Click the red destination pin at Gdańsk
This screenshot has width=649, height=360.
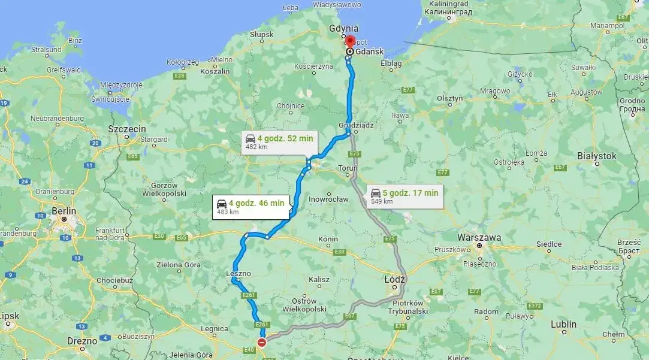[x=350, y=43]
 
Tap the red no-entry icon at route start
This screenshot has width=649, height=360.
[x=262, y=343]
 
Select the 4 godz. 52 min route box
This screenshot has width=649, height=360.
[x=279, y=142]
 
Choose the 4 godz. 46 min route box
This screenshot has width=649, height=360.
[x=251, y=207]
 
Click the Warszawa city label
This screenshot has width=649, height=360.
[x=479, y=237]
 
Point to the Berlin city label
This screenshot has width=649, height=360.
[x=64, y=211]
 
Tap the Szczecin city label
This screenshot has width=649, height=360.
[x=127, y=129]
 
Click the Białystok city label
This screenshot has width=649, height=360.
[x=596, y=156]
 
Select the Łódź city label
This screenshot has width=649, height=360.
[x=394, y=280]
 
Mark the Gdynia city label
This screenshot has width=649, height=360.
[x=344, y=28]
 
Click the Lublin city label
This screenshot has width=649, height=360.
[x=563, y=324]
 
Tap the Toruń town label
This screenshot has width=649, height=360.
[x=348, y=168]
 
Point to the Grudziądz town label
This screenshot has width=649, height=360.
[x=355, y=126]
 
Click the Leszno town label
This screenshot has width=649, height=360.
[x=239, y=273]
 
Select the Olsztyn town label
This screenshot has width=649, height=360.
[x=450, y=98]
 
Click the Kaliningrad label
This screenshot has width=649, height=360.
[x=448, y=4]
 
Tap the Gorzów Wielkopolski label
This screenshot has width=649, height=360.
[x=163, y=189]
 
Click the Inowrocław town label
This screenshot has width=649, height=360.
[x=328, y=199]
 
